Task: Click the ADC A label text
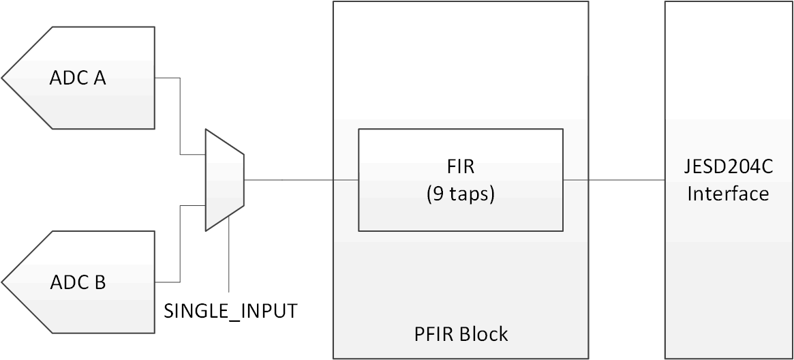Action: [77, 78]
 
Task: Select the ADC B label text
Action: [77, 282]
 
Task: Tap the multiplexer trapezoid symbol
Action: [224, 180]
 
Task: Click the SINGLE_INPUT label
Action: [231, 311]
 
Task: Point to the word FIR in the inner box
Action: [461, 167]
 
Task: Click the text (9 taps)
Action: [461, 194]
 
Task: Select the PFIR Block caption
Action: [461, 334]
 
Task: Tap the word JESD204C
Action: [728, 167]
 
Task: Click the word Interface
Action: [728, 194]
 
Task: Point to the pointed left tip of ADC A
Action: [3, 78]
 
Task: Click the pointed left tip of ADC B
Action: [3, 282]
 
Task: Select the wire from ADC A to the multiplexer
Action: [180, 116]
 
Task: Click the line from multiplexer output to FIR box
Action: [300, 180]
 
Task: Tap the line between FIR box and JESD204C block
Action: [613, 180]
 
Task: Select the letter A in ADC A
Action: [99, 78]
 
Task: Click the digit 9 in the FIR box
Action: [438, 194]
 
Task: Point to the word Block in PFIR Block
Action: [483, 334]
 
